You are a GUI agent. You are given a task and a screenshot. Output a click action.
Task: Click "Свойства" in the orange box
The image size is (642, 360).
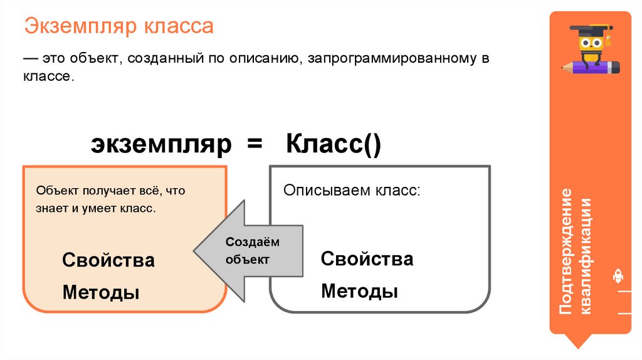108,260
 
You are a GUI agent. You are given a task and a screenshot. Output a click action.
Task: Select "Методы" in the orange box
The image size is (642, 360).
100,292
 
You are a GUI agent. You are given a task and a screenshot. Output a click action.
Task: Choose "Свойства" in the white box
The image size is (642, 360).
367,259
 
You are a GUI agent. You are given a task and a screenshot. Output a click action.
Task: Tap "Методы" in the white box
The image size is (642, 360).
359,291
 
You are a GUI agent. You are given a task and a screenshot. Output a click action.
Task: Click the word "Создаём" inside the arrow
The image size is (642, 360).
252,242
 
